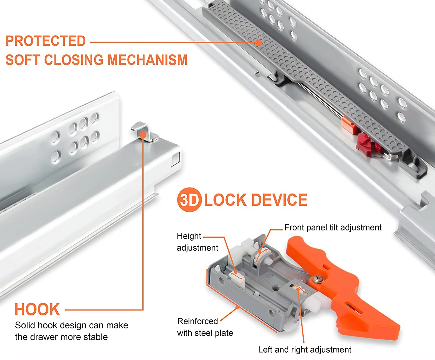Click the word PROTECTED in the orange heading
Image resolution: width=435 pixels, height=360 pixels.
pos(46,41)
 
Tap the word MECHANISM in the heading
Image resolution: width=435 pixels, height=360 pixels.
pos(147,60)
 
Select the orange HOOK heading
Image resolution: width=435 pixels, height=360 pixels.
pos(37,310)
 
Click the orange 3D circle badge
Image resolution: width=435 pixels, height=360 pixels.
pos(189,200)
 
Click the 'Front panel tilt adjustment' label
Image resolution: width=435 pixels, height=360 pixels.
pos(333,228)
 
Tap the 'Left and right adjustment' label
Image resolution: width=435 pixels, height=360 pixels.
pos(304,350)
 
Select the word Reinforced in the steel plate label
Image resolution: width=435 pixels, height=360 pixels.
pos(197,321)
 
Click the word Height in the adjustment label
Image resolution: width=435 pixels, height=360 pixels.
pos(189,236)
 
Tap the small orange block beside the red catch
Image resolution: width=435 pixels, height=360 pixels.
pos(348,125)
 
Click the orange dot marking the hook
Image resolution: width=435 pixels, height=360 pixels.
pos(143,135)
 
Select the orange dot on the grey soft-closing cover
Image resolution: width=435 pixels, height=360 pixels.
pos(258,43)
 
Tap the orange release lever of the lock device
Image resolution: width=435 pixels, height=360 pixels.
pos(348,290)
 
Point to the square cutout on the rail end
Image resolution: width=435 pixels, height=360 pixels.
pos(176,160)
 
